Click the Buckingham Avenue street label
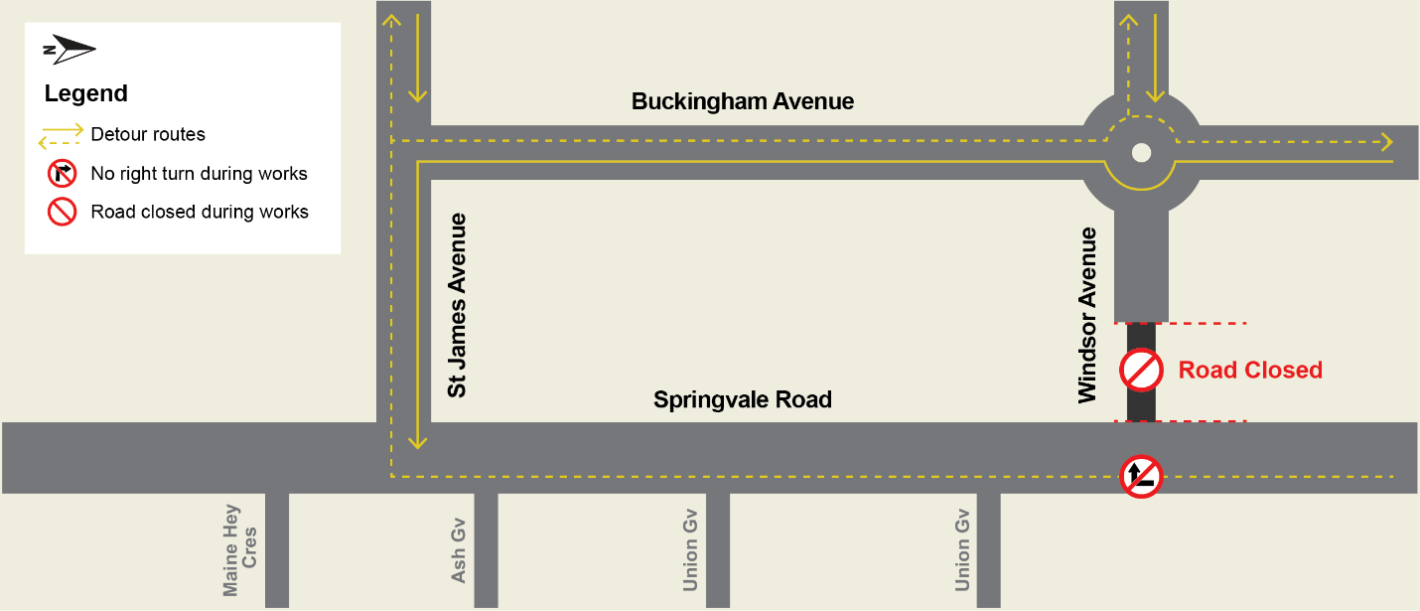742,101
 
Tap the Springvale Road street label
742,399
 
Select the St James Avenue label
457,305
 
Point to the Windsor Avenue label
1088,315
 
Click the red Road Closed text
1250,371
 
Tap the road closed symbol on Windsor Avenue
1141,371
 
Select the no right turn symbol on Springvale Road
1141,477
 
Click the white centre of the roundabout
1141,152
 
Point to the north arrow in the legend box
69,49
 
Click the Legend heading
86,94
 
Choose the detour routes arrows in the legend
61,134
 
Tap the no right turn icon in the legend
62,174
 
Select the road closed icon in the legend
62,212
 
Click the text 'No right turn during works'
199,174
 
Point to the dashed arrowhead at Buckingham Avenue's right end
1384,141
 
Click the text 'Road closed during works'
199,212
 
